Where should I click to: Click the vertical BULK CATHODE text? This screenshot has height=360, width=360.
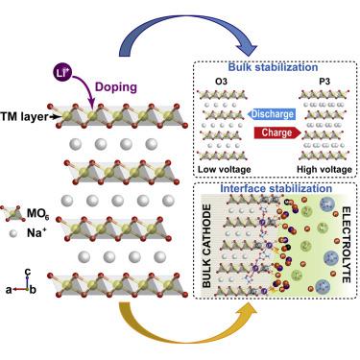[x=211, y=250]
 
